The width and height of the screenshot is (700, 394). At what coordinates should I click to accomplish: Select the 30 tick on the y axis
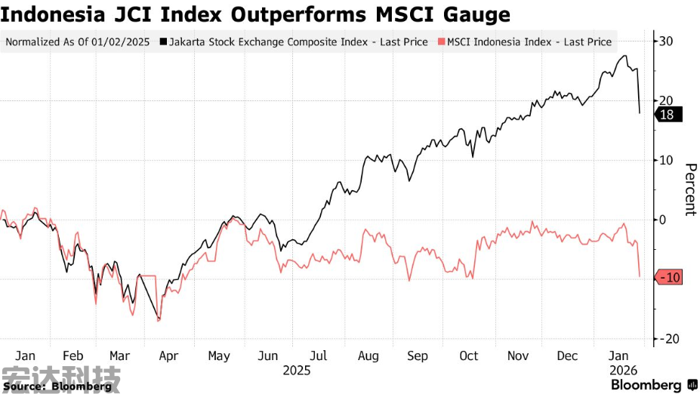(668, 41)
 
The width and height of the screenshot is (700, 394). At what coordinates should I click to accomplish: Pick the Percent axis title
(689, 189)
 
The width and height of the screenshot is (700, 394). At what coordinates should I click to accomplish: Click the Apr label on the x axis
(168, 356)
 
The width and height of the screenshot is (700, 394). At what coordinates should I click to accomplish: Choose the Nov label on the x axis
(519, 356)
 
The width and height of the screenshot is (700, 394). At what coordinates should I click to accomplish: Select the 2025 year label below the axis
(297, 371)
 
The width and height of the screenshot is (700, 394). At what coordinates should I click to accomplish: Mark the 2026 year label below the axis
(624, 371)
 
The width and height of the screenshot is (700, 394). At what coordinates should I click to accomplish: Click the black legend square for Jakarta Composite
(164, 42)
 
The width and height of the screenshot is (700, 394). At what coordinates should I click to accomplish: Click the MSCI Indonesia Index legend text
(529, 42)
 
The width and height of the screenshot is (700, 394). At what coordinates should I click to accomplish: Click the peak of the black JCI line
(624, 56)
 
